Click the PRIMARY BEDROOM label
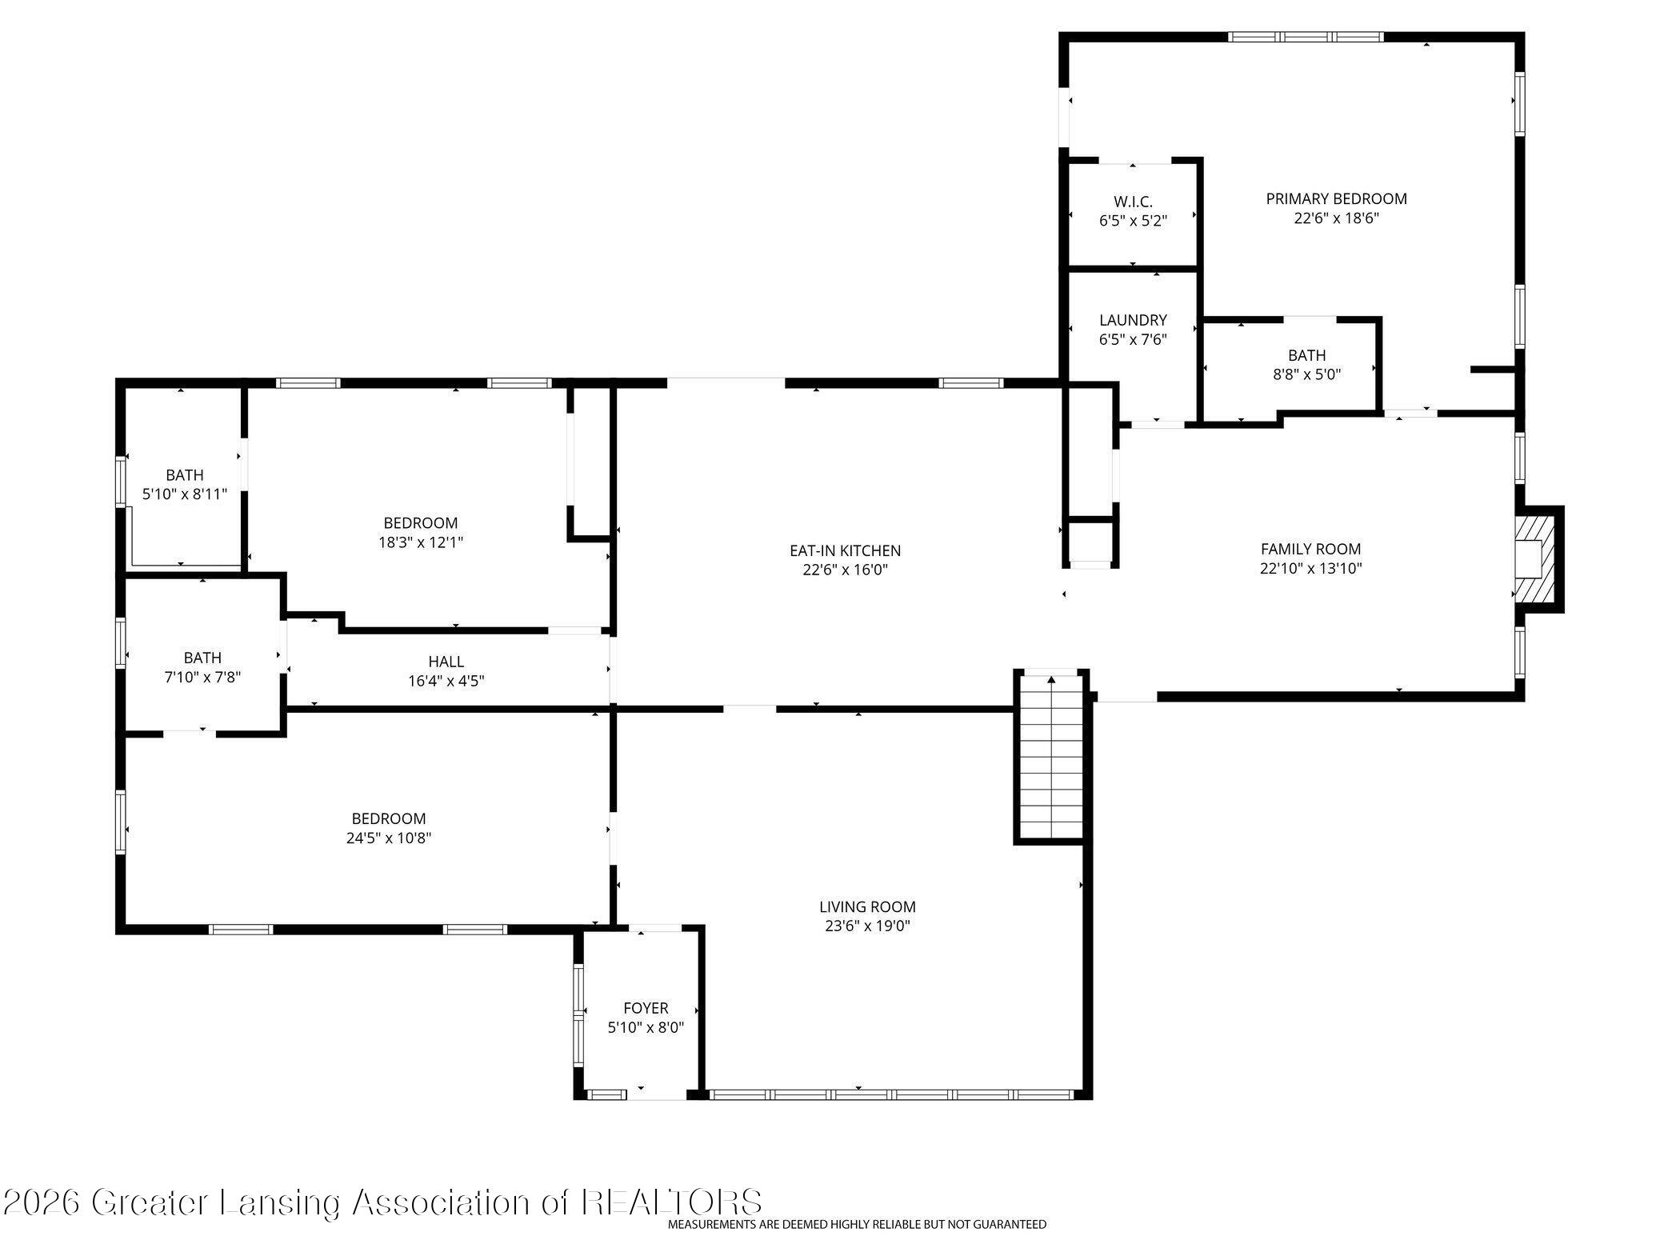[x=1336, y=198]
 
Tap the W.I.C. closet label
[x=1133, y=202]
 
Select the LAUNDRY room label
[x=1133, y=320]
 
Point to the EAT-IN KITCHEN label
[x=845, y=550]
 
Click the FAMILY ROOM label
[x=1310, y=549]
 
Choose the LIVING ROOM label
[x=867, y=906]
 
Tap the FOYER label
[x=646, y=1008]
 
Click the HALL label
[x=446, y=662]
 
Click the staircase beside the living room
[x=1050, y=756]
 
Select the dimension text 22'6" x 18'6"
[x=1336, y=218]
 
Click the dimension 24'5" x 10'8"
[x=389, y=838]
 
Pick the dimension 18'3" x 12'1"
[x=421, y=542]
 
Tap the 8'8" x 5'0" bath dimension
[x=1306, y=374]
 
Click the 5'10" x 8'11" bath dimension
[x=185, y=494]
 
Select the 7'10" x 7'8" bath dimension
[x=202, y=677]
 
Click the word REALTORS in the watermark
[x=672, y=1202]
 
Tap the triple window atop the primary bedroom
[x=1306, y=37]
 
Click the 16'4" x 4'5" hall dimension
[x=446, y=681]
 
